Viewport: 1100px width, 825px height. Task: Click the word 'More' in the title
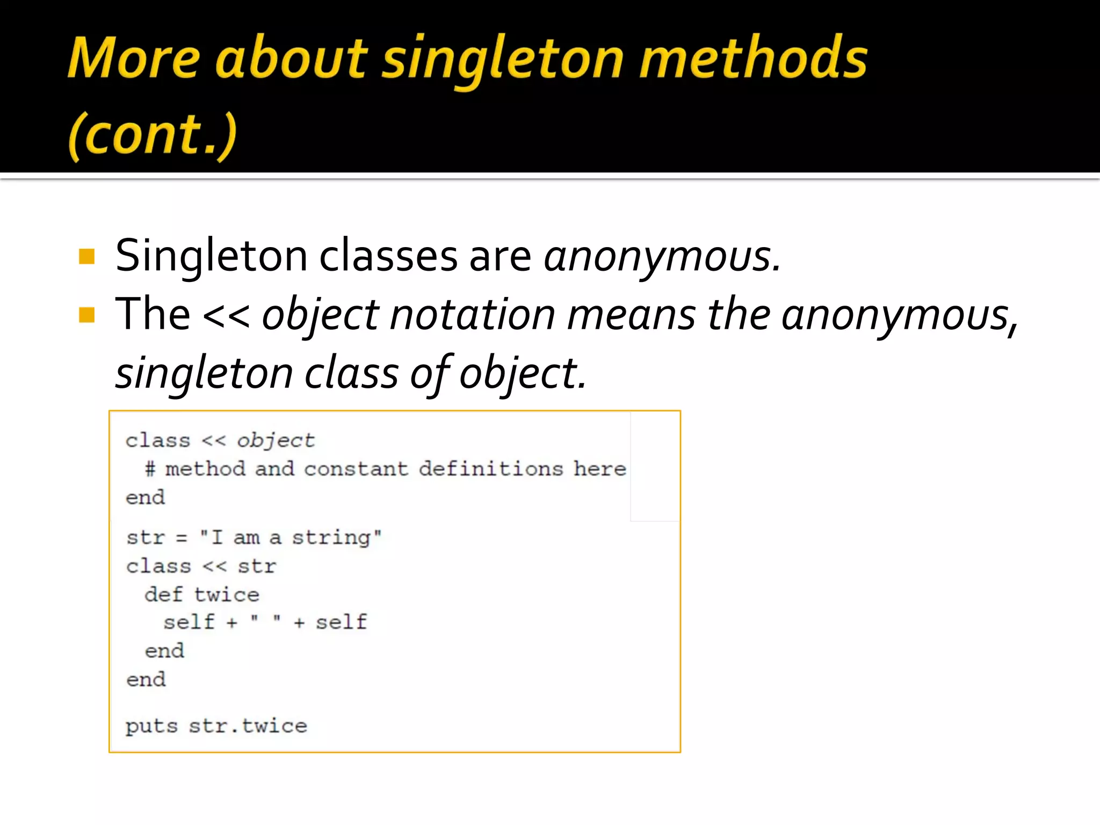(134, 58)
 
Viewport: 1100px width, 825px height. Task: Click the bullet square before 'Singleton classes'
(86, 257)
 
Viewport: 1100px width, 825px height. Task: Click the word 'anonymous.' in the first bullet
(662, 257)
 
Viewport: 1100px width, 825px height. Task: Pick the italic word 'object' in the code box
(276, 441)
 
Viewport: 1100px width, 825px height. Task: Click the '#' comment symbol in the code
(150, 469)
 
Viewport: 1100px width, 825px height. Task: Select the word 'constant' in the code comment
(356, 469)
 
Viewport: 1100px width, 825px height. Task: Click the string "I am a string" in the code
(291, 538)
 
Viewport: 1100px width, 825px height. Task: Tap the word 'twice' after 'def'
(227, 595)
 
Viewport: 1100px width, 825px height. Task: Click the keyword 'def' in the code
(164, 595)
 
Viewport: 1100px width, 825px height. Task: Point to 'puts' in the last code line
(151, 727)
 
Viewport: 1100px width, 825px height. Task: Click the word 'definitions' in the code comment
(491, 469)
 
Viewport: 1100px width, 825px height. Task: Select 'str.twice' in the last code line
(248, 727)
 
